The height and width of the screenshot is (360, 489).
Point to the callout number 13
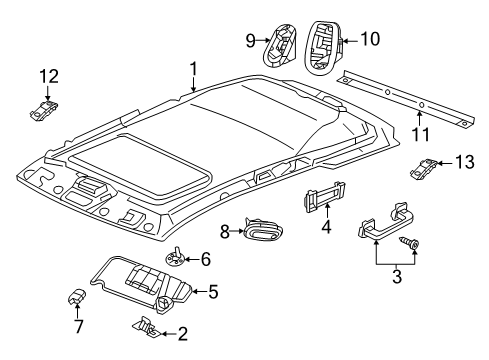pos(462,163)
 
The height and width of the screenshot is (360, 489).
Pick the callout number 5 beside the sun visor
pos(212,292)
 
